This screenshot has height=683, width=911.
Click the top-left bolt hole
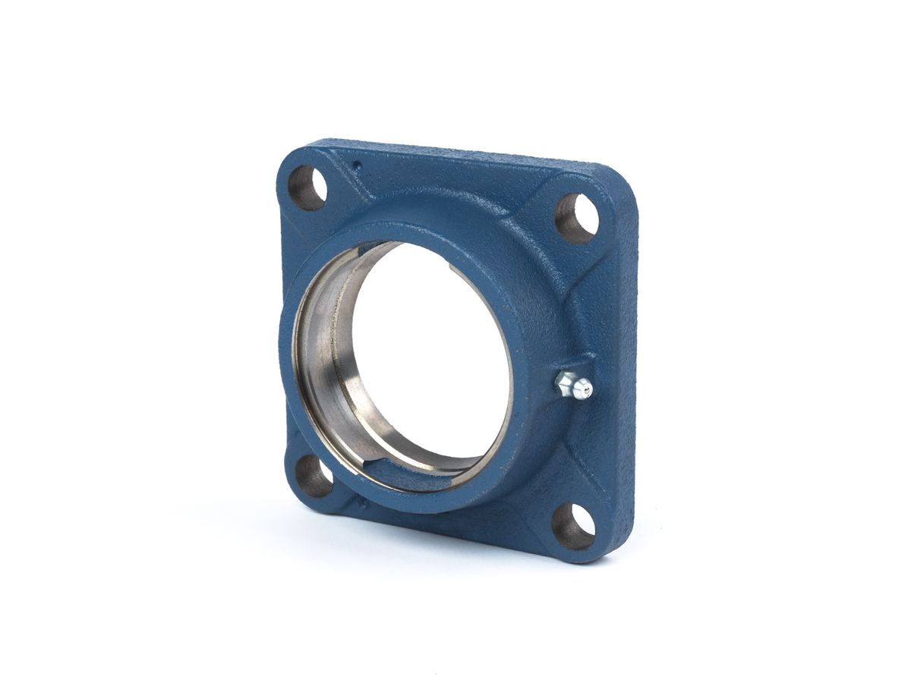[307, 187]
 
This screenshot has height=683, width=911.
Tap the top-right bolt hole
[576, 218]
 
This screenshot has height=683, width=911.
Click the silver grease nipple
[573, 386]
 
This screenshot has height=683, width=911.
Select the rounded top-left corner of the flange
[292, 152]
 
